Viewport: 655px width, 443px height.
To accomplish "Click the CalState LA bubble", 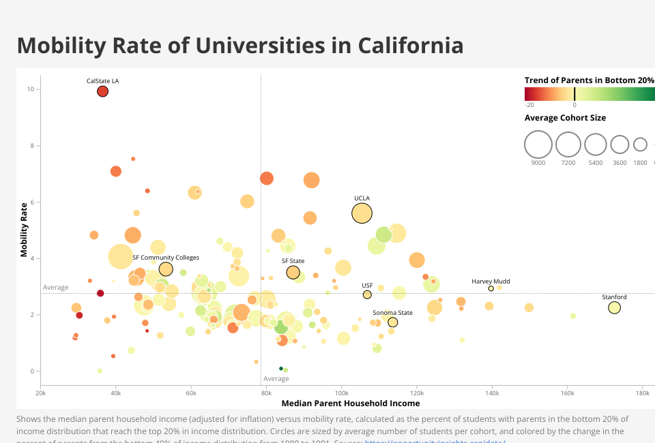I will coord(102,91).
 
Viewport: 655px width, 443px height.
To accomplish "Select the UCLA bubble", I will coord(362,213).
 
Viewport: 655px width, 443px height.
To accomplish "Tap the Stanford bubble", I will coord(614,308).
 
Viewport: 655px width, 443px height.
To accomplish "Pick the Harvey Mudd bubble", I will coord(491,288).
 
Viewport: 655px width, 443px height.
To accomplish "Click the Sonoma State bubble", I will coord(392,322).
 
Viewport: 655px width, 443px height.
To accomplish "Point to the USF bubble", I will coord(367,294).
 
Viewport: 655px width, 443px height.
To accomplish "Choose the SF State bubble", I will coord(293,273).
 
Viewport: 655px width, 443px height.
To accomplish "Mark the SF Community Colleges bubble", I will coord(166,269).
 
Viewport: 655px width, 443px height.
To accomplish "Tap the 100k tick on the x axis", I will coord(342,393).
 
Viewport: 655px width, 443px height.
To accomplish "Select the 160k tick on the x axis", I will coord(567,393).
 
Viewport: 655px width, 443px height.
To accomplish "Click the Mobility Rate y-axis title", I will coord(25,229).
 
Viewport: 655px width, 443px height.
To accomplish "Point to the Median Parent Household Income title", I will coord(350,403).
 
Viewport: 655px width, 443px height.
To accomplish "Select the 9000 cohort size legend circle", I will coord(538,144).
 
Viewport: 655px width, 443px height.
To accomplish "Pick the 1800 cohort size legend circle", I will coord(640,144).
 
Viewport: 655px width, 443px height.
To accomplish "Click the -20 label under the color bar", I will coord(529,105).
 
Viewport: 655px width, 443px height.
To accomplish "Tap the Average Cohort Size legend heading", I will coord(565,118).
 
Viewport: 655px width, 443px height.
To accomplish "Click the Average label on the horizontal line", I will coord(56,288).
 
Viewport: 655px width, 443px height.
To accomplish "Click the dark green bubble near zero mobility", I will coord(280,368).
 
